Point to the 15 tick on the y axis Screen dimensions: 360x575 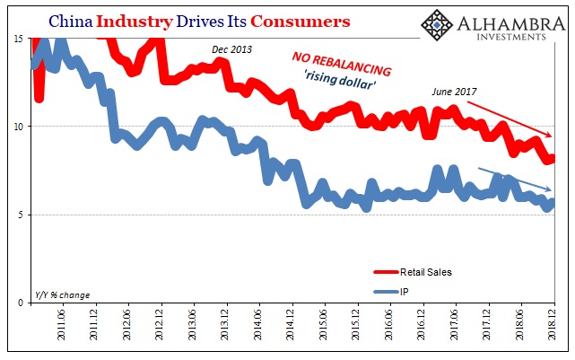[18, 39]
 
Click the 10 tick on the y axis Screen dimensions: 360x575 [18, 127]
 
